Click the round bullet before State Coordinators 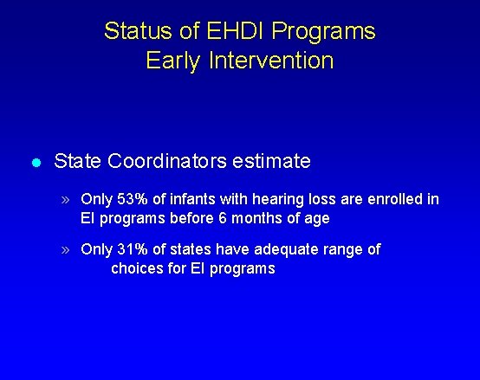[x=35, y=162]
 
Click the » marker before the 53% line [x=67, y=200]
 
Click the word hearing [x=281, y=200]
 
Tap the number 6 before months [x=223, y=218]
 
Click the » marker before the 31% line [x=67, y=250]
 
